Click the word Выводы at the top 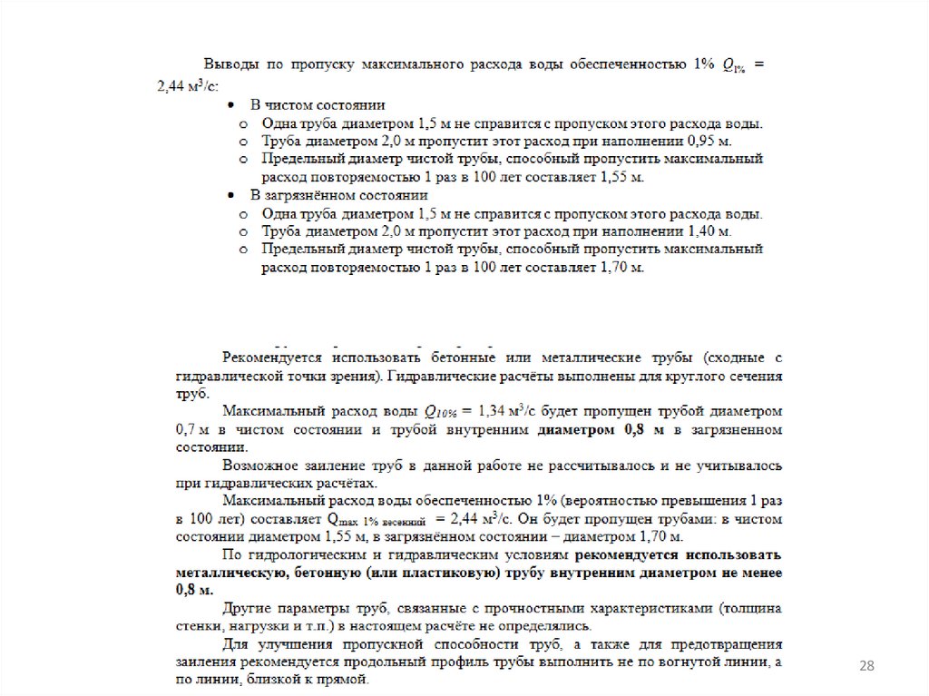coord(228,65)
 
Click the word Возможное coord(257,466)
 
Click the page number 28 coord(866,667)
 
